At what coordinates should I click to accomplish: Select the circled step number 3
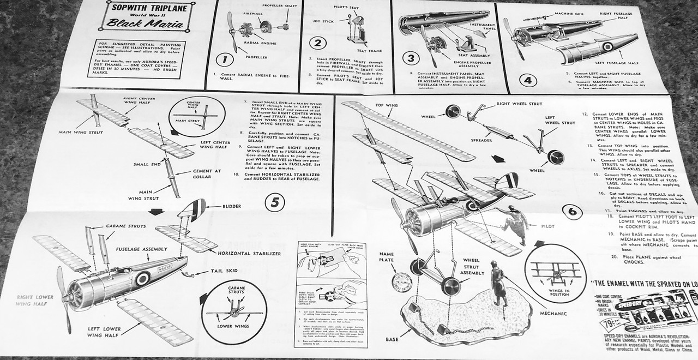point(410,58)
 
